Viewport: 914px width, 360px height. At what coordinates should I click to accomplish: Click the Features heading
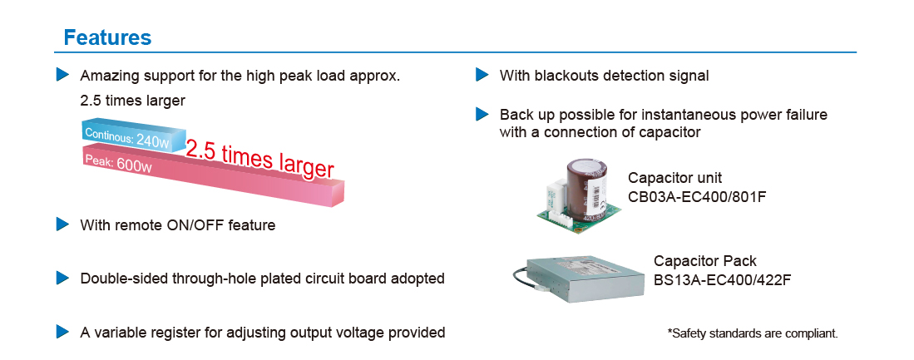pos(107,37)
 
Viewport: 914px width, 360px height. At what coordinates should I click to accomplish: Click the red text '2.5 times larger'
pos(259,158)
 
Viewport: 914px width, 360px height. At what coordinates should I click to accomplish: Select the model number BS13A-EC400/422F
pos(722,279)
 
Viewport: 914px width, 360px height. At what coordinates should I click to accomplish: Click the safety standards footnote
pos(753,333)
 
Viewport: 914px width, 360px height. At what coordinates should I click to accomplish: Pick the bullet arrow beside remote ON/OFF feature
pos(62,224)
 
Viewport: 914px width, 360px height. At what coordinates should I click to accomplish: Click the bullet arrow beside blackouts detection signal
pos(482,76)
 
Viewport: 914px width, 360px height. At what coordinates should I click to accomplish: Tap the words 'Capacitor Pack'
pos(705,261)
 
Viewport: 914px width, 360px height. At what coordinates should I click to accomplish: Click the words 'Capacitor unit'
pos(674,178)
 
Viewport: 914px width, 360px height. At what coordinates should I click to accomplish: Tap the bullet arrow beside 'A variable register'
pos(62,332)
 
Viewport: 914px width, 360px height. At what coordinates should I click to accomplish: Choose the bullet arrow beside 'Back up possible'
pos(482,114)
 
